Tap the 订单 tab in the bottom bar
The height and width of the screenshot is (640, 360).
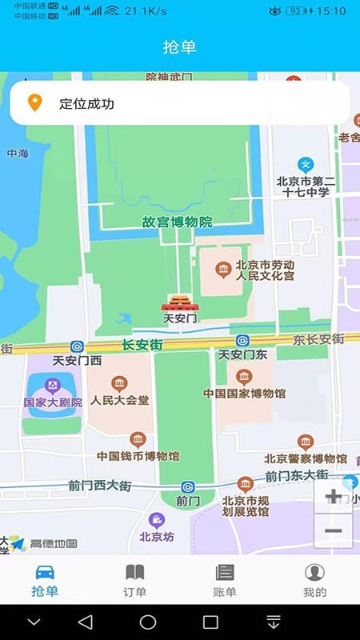pyautogui.click(x=135, y=580)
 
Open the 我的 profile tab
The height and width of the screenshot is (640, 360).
pyautogui.click(x=315, y=580)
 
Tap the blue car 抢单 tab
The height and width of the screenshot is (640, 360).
pyautogui.click(x=45, y=580)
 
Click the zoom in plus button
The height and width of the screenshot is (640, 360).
pyautogui.click(x=333, y=498)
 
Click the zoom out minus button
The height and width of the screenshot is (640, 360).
pyautogui.click(x=333, y=531)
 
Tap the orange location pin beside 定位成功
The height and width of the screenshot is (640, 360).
pyautogui.click(x=34, y=103)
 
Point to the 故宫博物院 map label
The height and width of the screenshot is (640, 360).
pyautogui.click(x=177, y=222)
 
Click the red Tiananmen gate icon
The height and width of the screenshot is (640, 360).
pyautogui.click(x=179, y=302)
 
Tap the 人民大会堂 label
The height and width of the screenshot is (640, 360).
pyautogui.click(x=120, y=400)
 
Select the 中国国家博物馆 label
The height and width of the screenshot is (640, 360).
pyautogui.click(x=244, y=394)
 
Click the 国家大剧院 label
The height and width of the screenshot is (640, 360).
pyautogui.click(x=53, y=402)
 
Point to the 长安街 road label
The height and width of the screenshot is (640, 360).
pyautogui.click(x=142, y=346)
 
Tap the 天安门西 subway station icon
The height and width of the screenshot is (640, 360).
pyautogui.click(x=77, y=346)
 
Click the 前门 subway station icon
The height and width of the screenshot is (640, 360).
pyautogui.click(x=187, y=486)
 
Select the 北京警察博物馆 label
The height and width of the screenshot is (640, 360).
pyautogui.click(x=306, y=459)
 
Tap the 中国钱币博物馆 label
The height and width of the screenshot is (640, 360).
pyautogui.click(x=138, y=456)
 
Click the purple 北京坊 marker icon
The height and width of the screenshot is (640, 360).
pyautogui.click(x=157, y=521)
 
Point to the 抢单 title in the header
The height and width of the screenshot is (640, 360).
pyautogui.click(x=180, y=47)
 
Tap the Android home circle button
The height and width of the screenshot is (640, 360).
pyautogui.click(x=148, y=622)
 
